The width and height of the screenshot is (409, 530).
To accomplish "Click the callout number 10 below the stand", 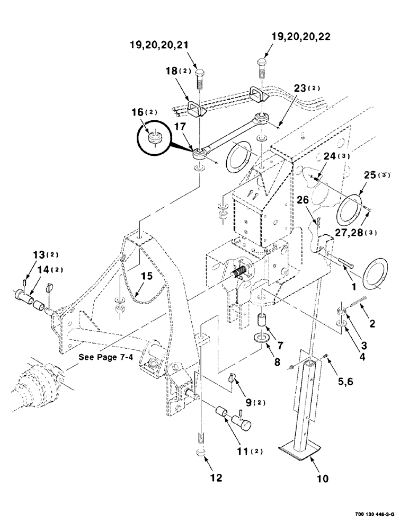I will click(323, 479).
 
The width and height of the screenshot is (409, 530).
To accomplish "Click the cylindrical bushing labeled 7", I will click(262, 322).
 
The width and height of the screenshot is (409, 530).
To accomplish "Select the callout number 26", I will click(317, 200).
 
